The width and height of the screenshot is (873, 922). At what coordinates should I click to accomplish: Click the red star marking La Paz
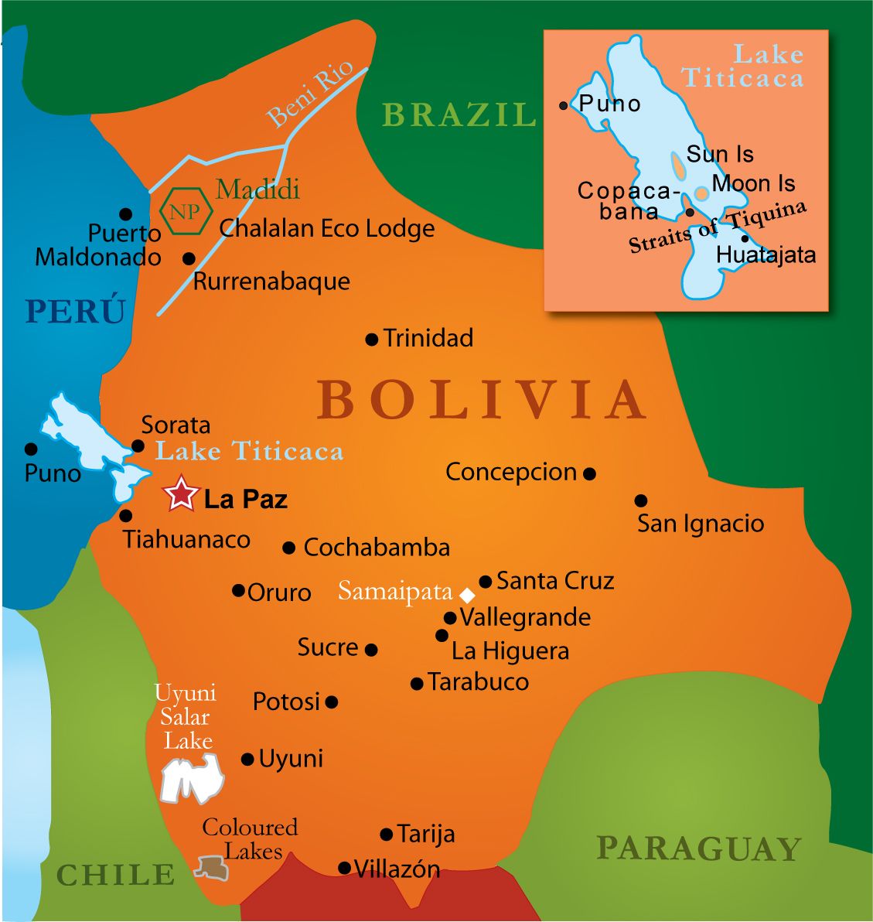point(181,493)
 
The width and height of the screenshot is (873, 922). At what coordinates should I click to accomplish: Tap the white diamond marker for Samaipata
point(466,595)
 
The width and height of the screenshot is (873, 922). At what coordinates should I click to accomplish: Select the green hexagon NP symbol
point(186,210)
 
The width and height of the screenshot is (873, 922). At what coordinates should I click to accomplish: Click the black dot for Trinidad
point(371,339)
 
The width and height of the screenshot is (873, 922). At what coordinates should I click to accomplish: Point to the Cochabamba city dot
point(289,548)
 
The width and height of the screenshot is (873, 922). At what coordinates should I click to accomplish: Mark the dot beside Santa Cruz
point(485,581)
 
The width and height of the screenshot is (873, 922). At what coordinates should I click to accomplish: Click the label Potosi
point(286,702)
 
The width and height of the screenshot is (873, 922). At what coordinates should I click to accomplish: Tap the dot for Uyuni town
point(247,760)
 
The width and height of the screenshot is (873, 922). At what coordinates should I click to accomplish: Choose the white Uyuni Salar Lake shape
point(191,778)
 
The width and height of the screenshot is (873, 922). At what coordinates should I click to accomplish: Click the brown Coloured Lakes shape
point(211,867)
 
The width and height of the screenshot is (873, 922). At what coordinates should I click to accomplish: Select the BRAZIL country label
point(459,114)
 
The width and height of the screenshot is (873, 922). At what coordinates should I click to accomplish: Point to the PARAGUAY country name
point(698,849)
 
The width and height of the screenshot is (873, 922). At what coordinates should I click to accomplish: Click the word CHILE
point(116,875)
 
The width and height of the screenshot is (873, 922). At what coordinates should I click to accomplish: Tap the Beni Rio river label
point(310,94)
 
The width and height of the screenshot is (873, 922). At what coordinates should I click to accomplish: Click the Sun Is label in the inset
point(719,154)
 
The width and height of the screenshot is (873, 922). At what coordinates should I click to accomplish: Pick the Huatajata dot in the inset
point(744,239)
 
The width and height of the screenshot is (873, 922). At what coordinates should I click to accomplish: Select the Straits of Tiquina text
point(718,227)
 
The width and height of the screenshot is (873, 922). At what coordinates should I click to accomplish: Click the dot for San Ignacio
point(640,500)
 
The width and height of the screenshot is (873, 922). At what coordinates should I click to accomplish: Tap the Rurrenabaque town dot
point(188,258)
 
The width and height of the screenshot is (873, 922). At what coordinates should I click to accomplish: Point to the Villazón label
point(397,869)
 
